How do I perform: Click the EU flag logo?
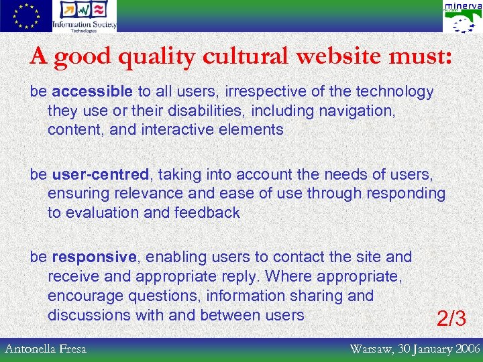(25, 16)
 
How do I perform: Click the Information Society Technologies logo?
(85, 16)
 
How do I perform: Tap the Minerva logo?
(462, 17)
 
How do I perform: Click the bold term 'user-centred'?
(100, 175)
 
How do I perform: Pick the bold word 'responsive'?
(94, 257)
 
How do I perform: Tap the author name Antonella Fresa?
(46, 349)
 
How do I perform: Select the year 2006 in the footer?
(463, 349)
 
